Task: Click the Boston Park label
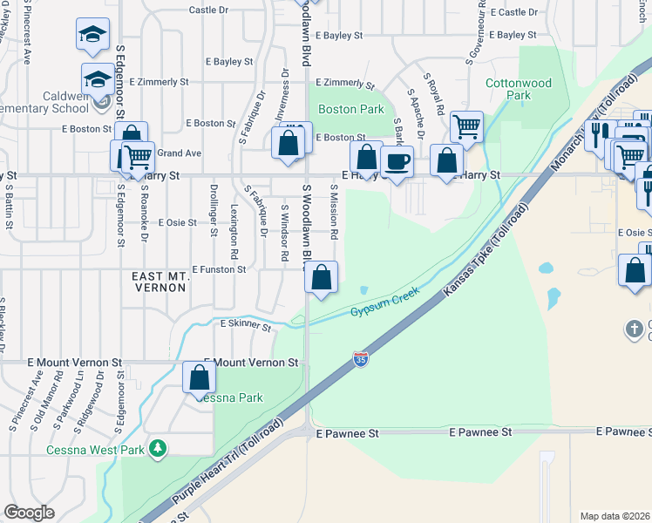351,110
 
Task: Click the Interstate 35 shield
360,358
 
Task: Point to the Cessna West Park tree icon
158,448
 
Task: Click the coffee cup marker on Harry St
398,162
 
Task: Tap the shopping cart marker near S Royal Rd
467,126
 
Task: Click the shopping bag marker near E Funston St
322,278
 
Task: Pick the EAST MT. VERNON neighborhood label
160,282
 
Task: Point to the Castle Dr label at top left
208,10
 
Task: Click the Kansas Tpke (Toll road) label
487,251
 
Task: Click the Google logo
29,513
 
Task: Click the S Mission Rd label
334,212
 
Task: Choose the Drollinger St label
214,210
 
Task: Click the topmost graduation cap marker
92,34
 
